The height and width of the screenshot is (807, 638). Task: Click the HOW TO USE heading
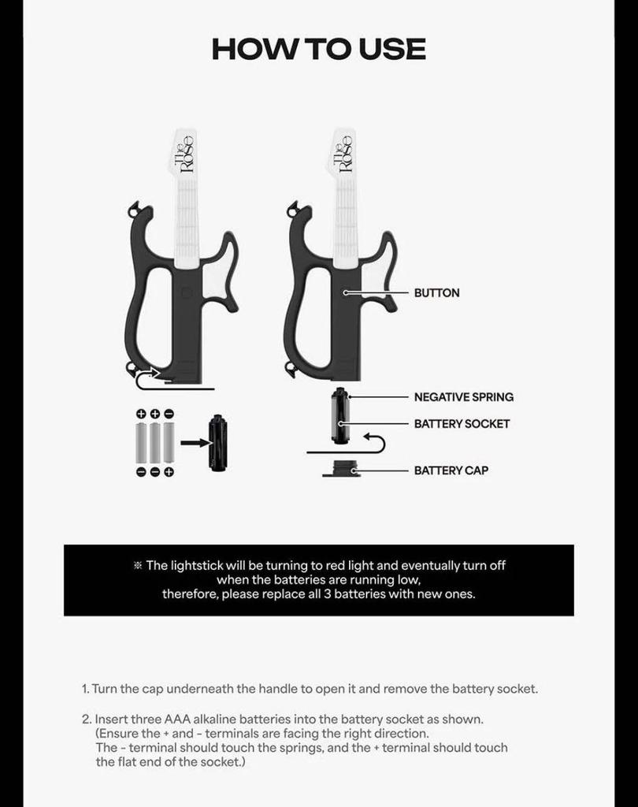[318, 49]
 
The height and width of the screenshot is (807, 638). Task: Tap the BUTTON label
[436, 293]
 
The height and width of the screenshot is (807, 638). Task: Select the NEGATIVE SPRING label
[463, 397]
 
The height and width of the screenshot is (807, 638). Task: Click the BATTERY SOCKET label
[462, 424]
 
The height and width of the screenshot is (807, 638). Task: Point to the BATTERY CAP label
[451, 470]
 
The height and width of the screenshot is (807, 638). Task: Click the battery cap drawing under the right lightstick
[341, 469]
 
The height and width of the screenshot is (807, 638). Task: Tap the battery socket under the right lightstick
[340, 415]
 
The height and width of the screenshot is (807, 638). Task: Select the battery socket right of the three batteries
[218, 444]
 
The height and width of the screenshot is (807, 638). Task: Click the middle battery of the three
[155, 443]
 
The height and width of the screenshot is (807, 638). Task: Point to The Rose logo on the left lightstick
[184, 153]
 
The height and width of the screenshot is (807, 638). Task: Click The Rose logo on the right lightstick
[343, 153]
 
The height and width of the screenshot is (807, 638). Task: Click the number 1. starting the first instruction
[85, 689]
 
